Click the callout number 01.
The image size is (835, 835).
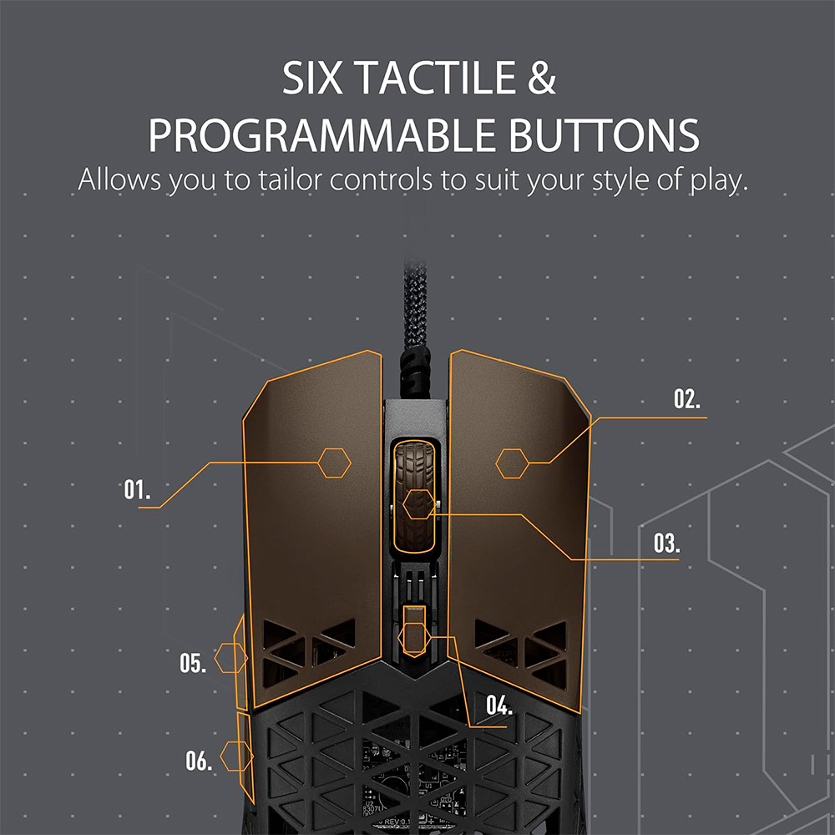pos(137,489)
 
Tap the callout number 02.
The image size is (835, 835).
pos(687,399)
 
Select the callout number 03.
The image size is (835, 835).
pos(666,544)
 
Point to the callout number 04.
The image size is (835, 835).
pos(499,705)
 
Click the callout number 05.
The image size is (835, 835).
pos(193,663)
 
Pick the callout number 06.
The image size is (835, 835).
pos(199,761)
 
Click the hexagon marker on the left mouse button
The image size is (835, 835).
pos(335,463)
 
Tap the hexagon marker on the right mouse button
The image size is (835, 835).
pos(513,463)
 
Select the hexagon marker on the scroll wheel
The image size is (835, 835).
pos(419,504)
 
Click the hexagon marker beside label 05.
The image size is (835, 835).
pos(231,658)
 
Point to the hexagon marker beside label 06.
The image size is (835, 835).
pos(236,757)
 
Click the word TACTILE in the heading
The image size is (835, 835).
pos(436,78)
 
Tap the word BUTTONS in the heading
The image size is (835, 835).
pos(604,135)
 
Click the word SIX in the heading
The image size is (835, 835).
pos(312,78)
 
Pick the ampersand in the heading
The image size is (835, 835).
pos(542,78)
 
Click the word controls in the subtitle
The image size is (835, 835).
pos(381,180)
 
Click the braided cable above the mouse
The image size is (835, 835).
pos(415,325)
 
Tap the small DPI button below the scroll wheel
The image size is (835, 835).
pos(414,631)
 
